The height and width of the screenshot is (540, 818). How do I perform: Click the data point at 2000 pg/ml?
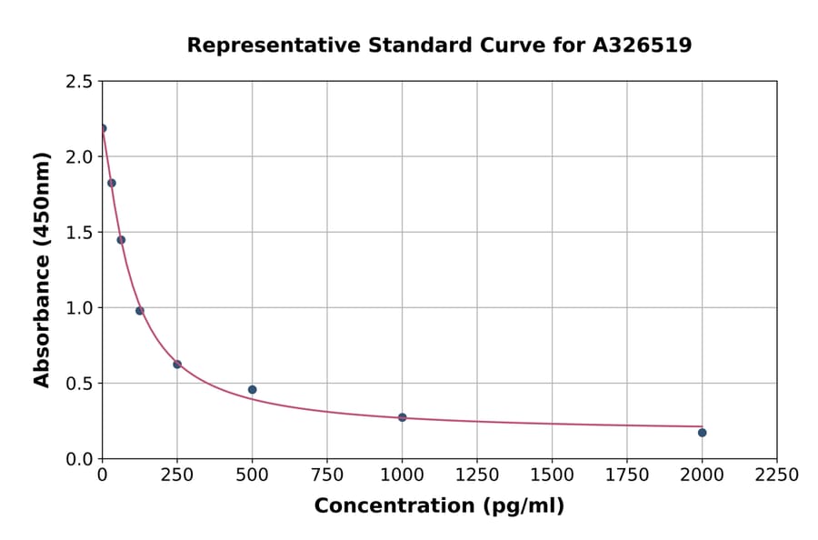click(x=703, y=433)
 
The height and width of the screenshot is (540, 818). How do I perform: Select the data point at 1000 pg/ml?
click(x=403, y=417)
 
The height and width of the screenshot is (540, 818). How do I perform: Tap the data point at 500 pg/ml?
click(x=253, y=390)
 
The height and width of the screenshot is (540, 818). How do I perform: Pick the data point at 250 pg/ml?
click(x=177, y=365)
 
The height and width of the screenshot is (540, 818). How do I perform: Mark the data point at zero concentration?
click(x=103, y=128)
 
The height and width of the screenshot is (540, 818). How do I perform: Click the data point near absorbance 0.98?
click(x=140, y=311)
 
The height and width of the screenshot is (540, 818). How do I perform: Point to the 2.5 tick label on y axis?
click(x=78, y=82)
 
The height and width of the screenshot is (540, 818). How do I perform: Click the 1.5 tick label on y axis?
click(x=78, y=233)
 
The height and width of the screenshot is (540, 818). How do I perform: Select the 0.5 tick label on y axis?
click(x=78, y=384)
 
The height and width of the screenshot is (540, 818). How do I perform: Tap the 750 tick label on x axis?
click(x=327, y=475)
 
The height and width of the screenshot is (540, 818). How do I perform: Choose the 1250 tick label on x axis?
click(x=477, y=475)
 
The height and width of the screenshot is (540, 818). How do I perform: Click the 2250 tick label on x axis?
click(x=777, y=475)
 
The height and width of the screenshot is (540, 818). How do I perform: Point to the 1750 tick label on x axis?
click(x=627, y=475)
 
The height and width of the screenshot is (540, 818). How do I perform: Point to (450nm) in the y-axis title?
click(x=42, y=207)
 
